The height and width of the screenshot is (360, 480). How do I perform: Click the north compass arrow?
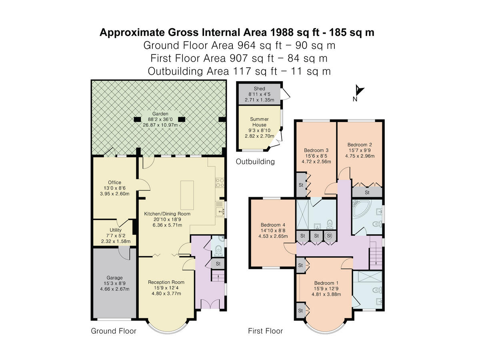[359, 90]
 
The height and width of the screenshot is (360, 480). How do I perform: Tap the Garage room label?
[114, 278]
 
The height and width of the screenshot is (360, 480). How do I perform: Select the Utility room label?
[116, 230]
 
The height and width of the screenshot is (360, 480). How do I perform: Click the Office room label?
[114, 182]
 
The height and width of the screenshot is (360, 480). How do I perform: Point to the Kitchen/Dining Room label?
[167, 214]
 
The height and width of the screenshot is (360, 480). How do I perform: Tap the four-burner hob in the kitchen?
[220, 183]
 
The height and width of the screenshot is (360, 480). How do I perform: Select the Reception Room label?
[166, 282]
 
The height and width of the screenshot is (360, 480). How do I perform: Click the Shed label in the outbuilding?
[259, 88]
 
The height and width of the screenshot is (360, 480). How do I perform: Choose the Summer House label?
[259, 122]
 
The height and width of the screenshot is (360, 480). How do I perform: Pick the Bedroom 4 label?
[273, 225]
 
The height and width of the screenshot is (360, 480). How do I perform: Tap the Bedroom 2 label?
[360, 145]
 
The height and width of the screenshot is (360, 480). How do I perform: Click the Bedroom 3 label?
[316, 150]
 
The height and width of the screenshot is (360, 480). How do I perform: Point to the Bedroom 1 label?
[326, 283]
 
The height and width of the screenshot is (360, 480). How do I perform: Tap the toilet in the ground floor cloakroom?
[218, 251]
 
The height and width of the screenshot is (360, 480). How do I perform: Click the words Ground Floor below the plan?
[114, 331]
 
